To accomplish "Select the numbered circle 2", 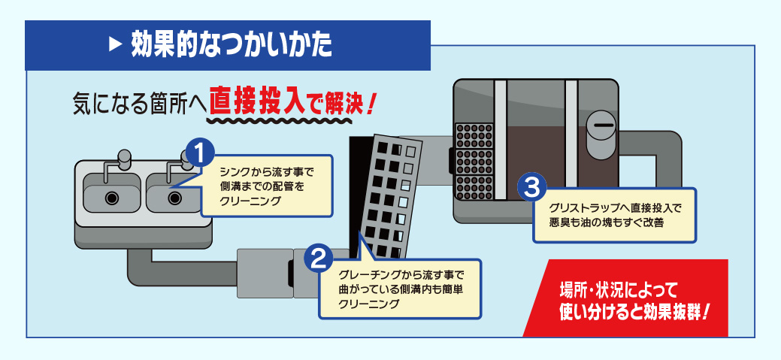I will pyautogui.click(x=317, y=259).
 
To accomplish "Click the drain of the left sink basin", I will pyautogui.click(x=112, y=198).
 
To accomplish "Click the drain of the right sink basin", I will pyautogui.click(x=175, y=198).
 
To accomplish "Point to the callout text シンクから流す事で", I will pyautogui.click(x=263, y=171).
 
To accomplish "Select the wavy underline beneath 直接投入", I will pyautogui.click(x=256, y=119).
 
